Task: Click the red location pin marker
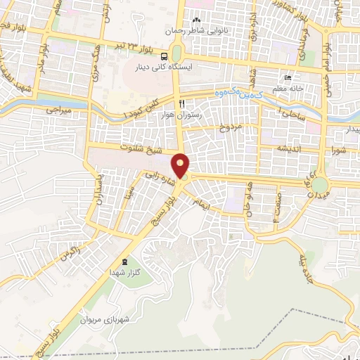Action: (x=181, y=166)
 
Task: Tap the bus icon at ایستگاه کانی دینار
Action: (x=164, y=56)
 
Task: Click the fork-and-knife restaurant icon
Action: (x=182, y=103)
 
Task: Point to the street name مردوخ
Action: (x=229, y=128)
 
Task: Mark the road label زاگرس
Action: (x=71, y=251)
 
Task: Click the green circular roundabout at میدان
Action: (x=320, y=185)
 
